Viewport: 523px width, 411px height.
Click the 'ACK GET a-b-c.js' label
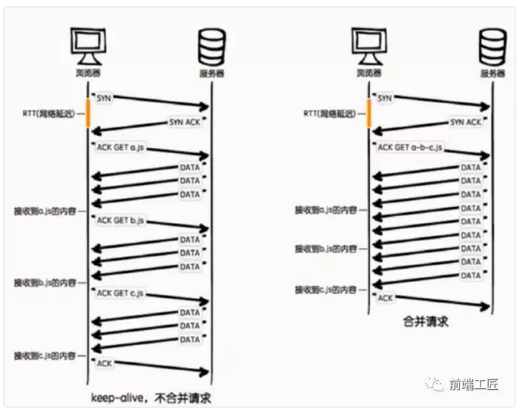pos(410,147)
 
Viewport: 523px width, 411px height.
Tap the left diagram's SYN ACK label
pos(184,122)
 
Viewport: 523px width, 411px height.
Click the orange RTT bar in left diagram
pos(88,112)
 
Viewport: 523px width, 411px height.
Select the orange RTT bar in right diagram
pos(368,112)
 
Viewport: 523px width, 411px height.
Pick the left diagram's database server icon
pos(211,48)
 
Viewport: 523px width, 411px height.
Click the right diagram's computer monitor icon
pos(368,48)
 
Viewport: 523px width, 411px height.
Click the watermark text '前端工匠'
pos(473,384)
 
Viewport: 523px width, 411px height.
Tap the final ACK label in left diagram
pos(105,363)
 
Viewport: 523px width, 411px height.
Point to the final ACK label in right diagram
pos(385,298)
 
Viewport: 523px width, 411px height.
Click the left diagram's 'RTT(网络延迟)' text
pos(51,113)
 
